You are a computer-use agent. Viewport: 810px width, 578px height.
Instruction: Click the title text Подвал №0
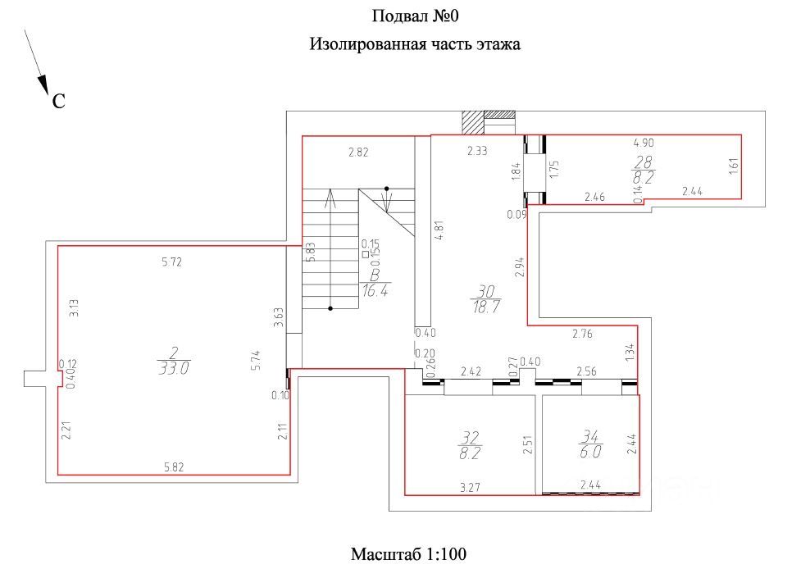414,16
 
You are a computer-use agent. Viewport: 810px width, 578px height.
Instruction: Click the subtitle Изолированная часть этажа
414,44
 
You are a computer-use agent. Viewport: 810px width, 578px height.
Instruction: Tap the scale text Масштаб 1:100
408,554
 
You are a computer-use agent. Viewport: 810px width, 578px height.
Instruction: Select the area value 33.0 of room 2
174,369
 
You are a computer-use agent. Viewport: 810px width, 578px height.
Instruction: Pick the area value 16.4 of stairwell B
374,290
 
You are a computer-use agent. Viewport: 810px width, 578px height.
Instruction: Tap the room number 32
471,437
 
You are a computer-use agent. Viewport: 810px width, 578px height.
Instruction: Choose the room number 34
590,437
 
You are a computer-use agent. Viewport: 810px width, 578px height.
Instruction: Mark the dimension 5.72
172,262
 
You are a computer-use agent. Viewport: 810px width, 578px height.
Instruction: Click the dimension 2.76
582,333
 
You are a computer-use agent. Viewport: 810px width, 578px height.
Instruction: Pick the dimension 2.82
358,152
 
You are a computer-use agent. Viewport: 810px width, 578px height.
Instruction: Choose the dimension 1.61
734,166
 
